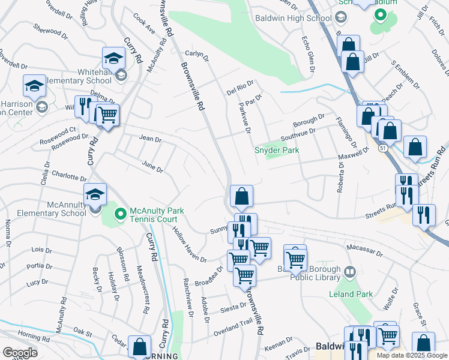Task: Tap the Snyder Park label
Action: (277, 150)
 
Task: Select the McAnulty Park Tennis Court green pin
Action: (120, 213)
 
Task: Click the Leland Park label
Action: (351, 294)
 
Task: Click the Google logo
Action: (20, 352)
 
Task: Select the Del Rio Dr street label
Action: (240, 88)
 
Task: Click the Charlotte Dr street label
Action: (70, 176)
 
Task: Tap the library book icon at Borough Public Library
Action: (348, 274)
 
